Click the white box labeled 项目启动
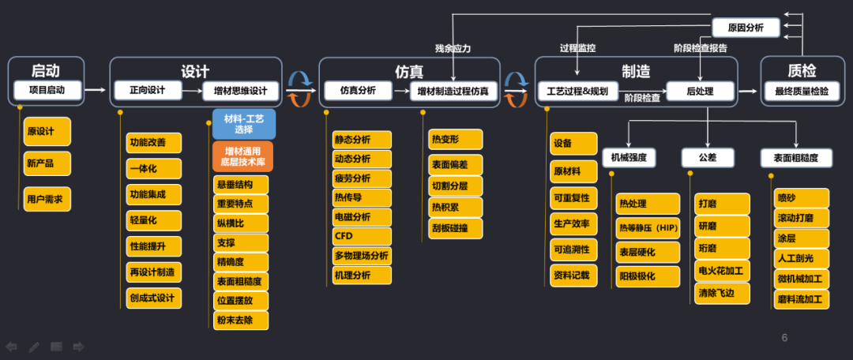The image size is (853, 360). (48, 90)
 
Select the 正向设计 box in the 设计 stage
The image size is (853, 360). (147, 90)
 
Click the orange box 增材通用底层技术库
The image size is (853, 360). (243, 156)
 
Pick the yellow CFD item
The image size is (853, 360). (362, 235)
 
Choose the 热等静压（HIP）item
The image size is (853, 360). (648, 227)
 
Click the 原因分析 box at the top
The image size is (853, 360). (746, 28)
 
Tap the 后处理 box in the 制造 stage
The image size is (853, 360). (701, 92)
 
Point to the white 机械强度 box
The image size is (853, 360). (629, 158)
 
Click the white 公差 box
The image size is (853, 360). (708, 158)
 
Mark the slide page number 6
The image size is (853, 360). (784, 338)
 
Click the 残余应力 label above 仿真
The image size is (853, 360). (453, 48)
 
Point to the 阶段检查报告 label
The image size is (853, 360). (701, 48)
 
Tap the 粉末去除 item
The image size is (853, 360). (240, 320)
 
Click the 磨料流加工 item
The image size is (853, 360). (801, 299)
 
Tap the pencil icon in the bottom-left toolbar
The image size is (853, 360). (34, 347)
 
